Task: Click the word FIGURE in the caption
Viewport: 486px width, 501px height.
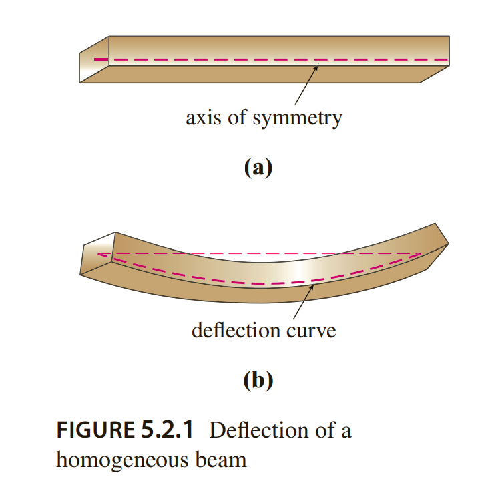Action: coord(91,430)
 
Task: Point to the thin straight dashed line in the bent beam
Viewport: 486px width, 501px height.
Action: coord(267,254)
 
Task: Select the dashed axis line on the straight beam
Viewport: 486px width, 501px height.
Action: coord(267,60)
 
